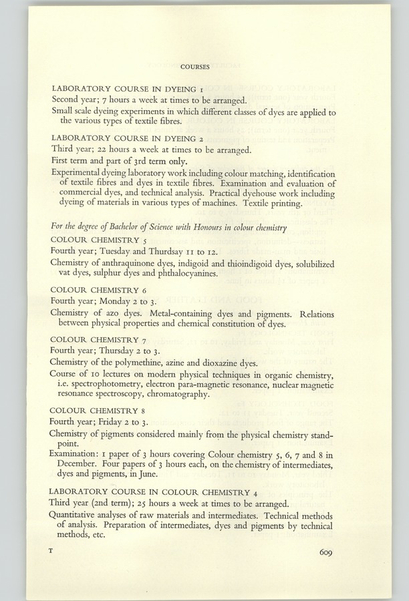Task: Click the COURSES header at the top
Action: pos(195,66)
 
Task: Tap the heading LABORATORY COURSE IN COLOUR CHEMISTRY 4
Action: pos(160,491)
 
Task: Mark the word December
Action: pos(86,465)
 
